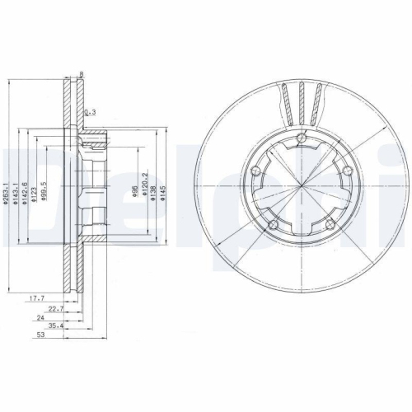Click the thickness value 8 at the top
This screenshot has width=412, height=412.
(81, 76)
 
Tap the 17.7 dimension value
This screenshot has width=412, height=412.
(36, 298)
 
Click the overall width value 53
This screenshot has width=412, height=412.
(40, 336)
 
